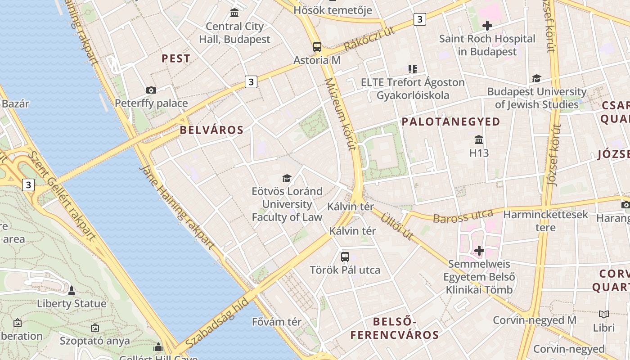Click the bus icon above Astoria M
click(x=317, y=46)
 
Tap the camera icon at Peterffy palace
click(x=151, y=90)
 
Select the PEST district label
click(x=176, y=58)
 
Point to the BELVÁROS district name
click(x=211, y=130)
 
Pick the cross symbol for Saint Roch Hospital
click(x=487, y=26)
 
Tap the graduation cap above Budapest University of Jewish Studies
click(x=536, y=79)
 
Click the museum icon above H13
click(x=479, y=139)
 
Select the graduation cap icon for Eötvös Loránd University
click(x=287, y=179)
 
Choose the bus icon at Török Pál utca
click(x=345, y=257)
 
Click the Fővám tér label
click(x=283, y=322)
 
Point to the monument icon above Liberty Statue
click(x=72, y=290)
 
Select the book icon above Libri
click(x=604, y=314)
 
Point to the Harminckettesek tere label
click(x=545, y=220)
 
